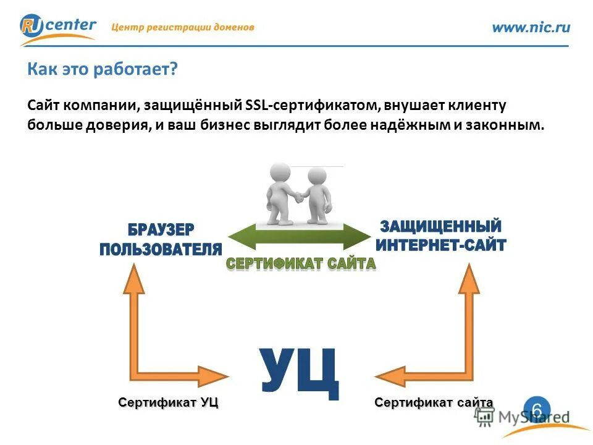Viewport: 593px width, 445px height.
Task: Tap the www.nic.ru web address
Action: (x=531, y=27)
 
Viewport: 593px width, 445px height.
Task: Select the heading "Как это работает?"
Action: (x=103, y=69)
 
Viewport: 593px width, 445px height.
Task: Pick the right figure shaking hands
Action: (x=318, y=195)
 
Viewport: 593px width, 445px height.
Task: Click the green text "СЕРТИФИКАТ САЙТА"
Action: (x=301, y=264)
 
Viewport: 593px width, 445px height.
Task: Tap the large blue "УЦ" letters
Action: (x=300, y=373)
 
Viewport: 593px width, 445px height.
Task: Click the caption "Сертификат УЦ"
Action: (x=169, y=403)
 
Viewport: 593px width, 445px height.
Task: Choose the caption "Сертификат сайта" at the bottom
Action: (x=434, y=403)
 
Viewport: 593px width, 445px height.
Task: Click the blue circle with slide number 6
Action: (x=537, y=410)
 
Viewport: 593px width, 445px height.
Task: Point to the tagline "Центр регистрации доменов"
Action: (x=183, y=27)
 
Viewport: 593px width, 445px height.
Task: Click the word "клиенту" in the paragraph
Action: (x=480, y=105)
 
